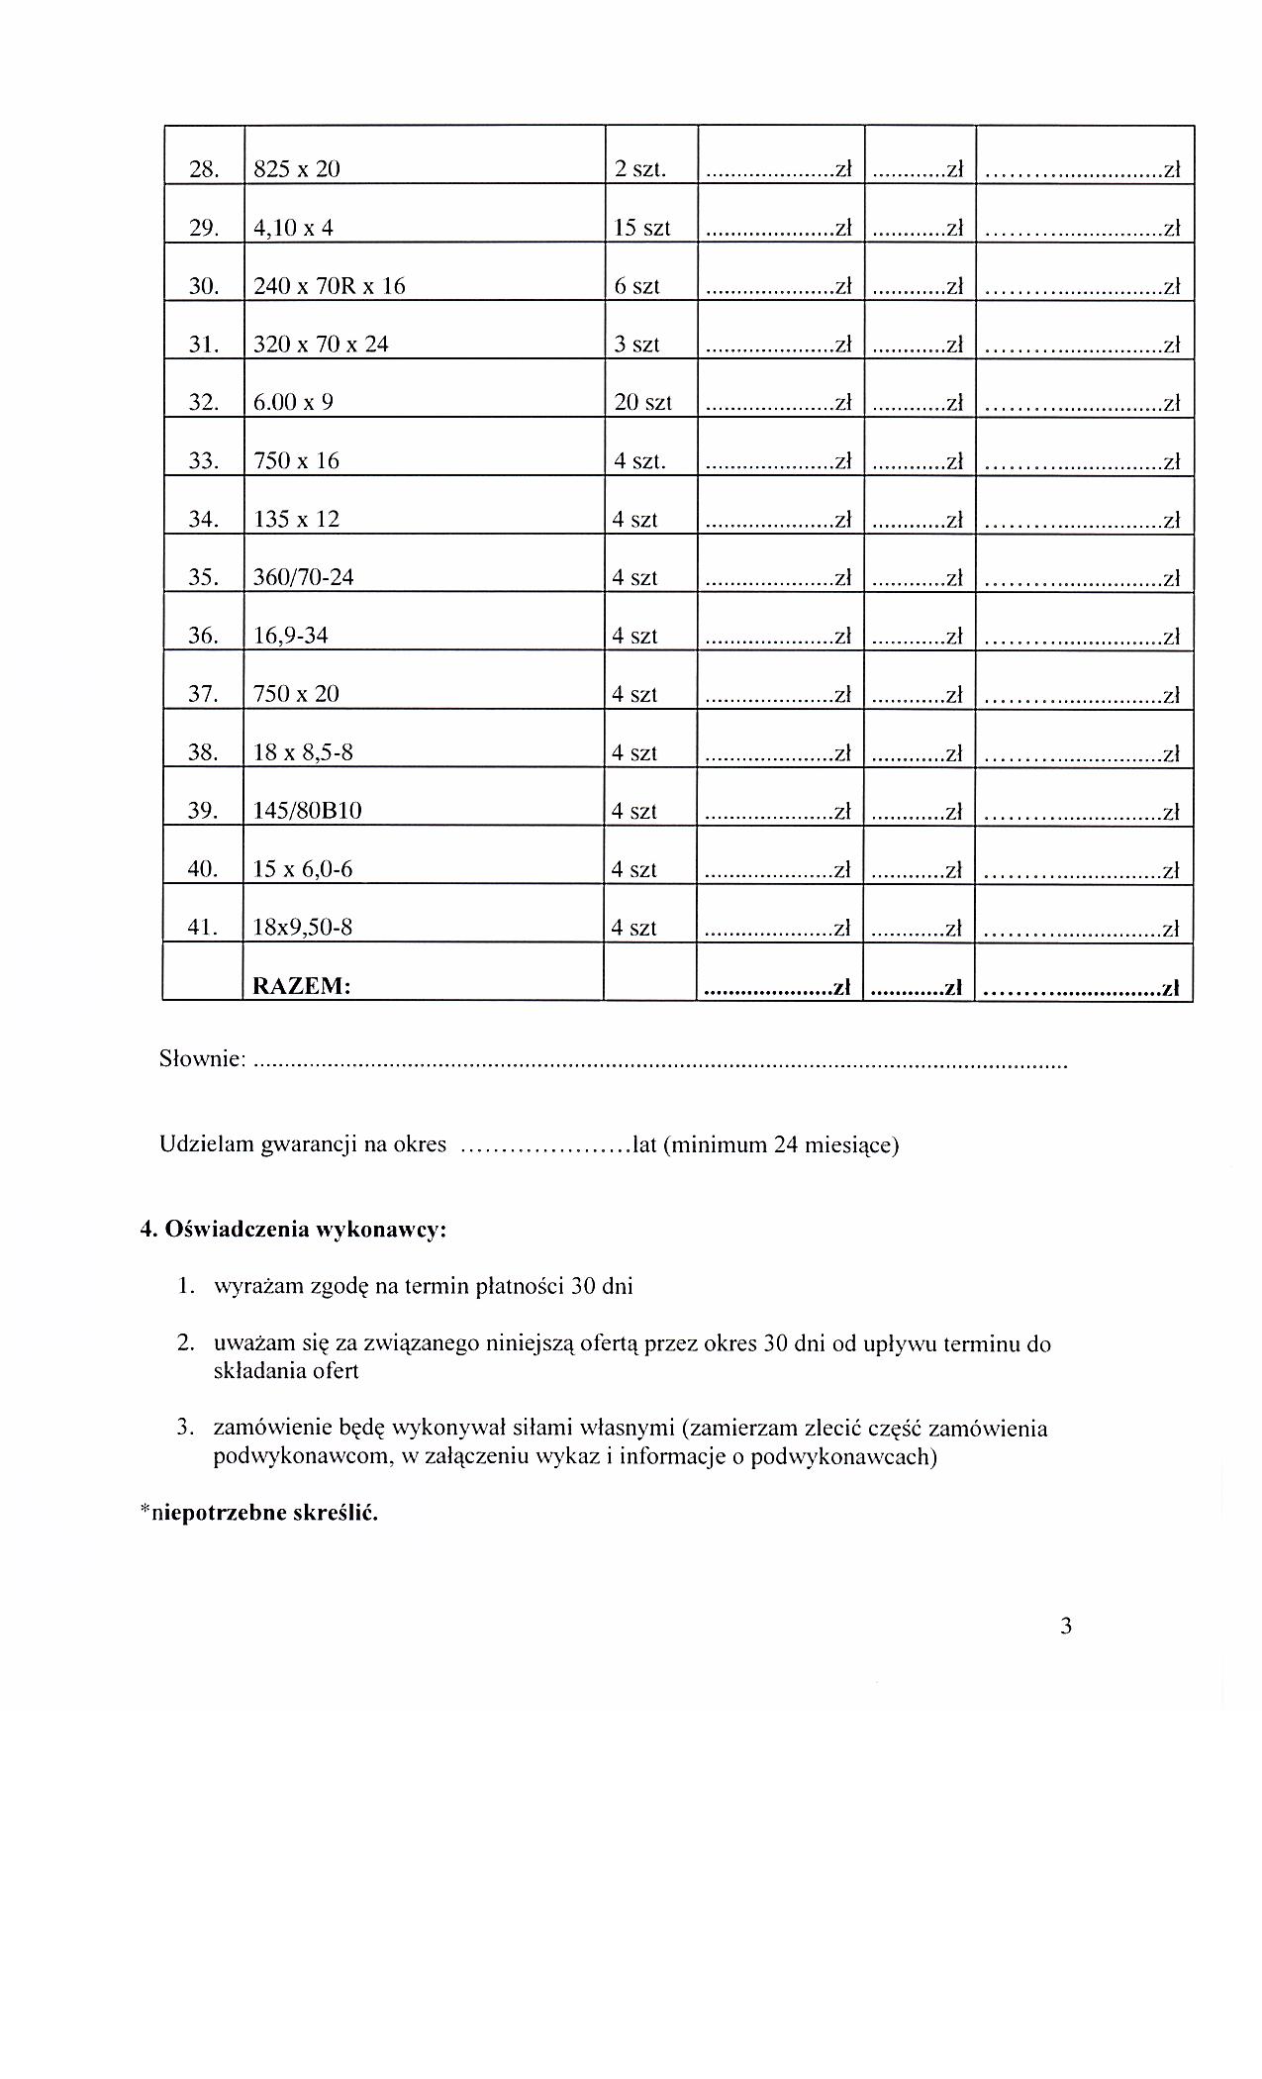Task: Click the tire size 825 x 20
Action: click(297, 169)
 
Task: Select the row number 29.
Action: click(203, 228)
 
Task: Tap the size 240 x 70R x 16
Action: click(330, 286)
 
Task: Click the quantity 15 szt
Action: click(641, 228)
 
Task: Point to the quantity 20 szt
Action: click(642, 403)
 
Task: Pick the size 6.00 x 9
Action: click(293, 403)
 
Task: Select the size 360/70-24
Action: click(304, 577)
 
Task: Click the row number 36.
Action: click(203, 636)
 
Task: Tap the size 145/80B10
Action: click(308, 811)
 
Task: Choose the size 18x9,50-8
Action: click(303, 928)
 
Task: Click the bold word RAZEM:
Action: click(302, 986)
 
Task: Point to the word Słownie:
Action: click(202, 1059)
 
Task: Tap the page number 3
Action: click(1066, 1627)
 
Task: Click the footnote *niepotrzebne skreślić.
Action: click(259, 1513)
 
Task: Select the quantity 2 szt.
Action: click(639, 169)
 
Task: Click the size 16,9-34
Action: click(291, 636)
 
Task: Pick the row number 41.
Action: click(203, 928)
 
